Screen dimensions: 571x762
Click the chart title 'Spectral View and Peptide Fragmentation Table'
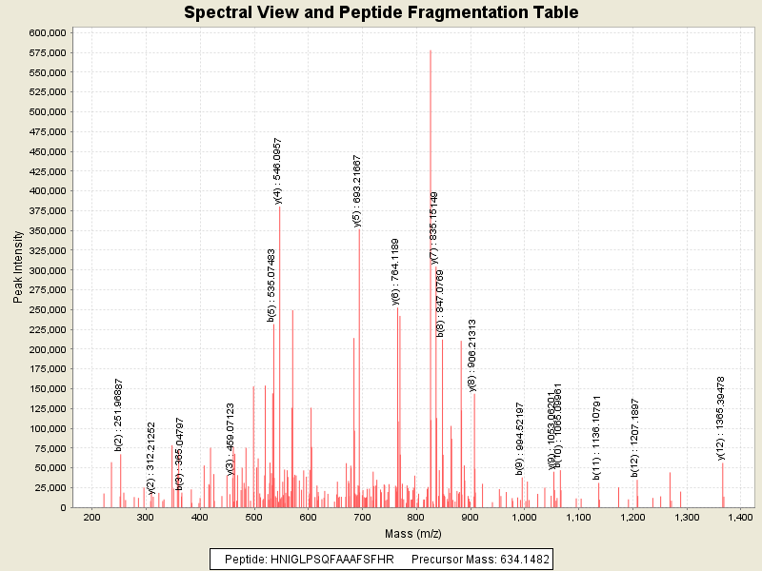tap(381, 12)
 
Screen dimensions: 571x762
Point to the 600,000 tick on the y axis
tap(45, 32)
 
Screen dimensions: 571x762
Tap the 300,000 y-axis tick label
tap(45, 270)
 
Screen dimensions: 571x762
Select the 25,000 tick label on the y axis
tap(48, 488)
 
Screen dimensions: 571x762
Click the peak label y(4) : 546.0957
tap(278, 170)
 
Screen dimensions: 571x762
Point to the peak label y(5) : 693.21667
tap(357, 190)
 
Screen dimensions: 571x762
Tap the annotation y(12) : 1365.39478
tap(721, 418)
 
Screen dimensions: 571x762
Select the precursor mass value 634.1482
tap(514, 559)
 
